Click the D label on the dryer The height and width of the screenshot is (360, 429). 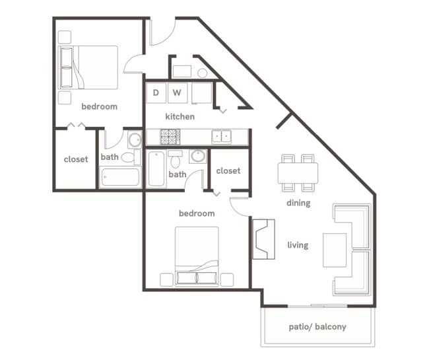click(156, 92)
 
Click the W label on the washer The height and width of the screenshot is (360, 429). click(177, 92)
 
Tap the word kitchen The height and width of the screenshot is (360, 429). click(180, 117)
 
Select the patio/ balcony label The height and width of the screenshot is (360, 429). click(317, 327)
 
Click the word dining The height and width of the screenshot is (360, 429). click(298, 203)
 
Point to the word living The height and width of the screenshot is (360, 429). click(298, 245)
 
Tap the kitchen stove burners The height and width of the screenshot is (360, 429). click(170, 137)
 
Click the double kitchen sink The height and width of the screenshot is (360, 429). click(221, 137)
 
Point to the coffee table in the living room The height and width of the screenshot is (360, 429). click(335, 249)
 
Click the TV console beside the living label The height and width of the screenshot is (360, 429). click(263, 238)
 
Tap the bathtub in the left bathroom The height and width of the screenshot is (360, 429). click(120, 177)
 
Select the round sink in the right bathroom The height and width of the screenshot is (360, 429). click(197, 157)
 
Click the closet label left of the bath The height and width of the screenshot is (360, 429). click(76, 159)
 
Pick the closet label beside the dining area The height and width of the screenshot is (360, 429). click(228, 170)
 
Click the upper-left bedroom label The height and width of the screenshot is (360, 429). click(100, 106)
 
